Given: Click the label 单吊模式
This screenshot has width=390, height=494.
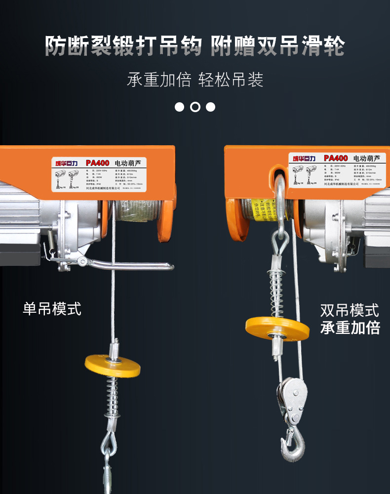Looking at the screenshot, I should (x=52, y=309).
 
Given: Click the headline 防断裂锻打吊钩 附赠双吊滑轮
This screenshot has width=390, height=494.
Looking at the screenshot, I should (x=195, y=46).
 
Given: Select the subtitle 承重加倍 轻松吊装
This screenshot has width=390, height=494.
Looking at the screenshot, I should (x=195, y=80).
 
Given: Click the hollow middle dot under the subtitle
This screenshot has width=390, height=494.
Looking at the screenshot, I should (x=195, y=107).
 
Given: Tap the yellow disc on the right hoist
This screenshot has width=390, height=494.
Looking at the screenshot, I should (x=277, y=328).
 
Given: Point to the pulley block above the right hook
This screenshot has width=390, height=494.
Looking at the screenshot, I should (x=292, y=398).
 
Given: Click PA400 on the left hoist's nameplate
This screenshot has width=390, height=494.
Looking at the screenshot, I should (x=97, y=163).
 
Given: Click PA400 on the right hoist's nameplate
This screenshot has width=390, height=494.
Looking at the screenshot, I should (x=336, y=158).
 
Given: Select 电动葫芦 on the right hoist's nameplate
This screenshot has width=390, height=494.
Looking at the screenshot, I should (x=367, y=158).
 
